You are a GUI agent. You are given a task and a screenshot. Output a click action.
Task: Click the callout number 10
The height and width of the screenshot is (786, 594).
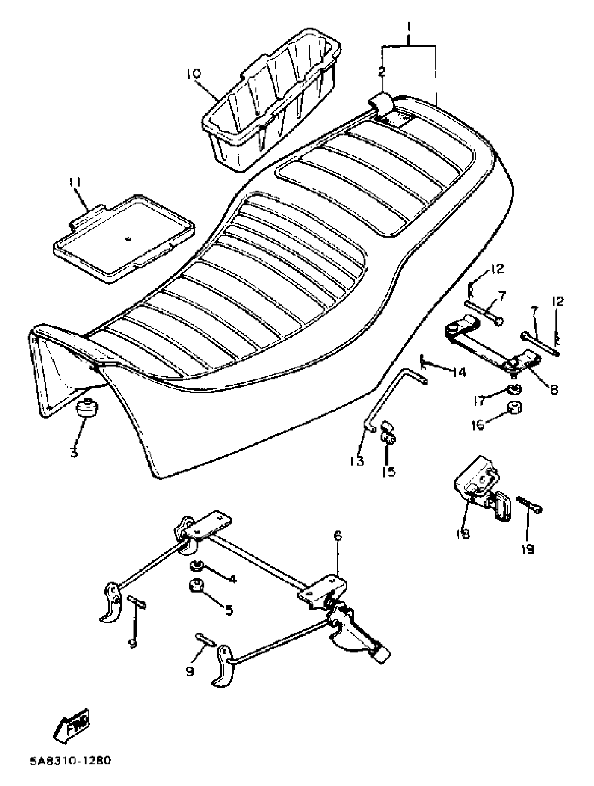point(193,74)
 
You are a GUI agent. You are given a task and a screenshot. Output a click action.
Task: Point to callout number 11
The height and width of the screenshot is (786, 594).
point(74,182)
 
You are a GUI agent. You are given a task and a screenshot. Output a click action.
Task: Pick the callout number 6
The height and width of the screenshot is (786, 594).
point(337,536)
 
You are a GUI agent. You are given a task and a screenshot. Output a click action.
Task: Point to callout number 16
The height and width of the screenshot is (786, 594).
point(477,425)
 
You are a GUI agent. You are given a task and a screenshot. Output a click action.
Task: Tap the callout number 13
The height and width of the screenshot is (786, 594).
point(356,461)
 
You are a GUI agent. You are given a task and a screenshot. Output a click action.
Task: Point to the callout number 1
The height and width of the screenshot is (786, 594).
point(409,27)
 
